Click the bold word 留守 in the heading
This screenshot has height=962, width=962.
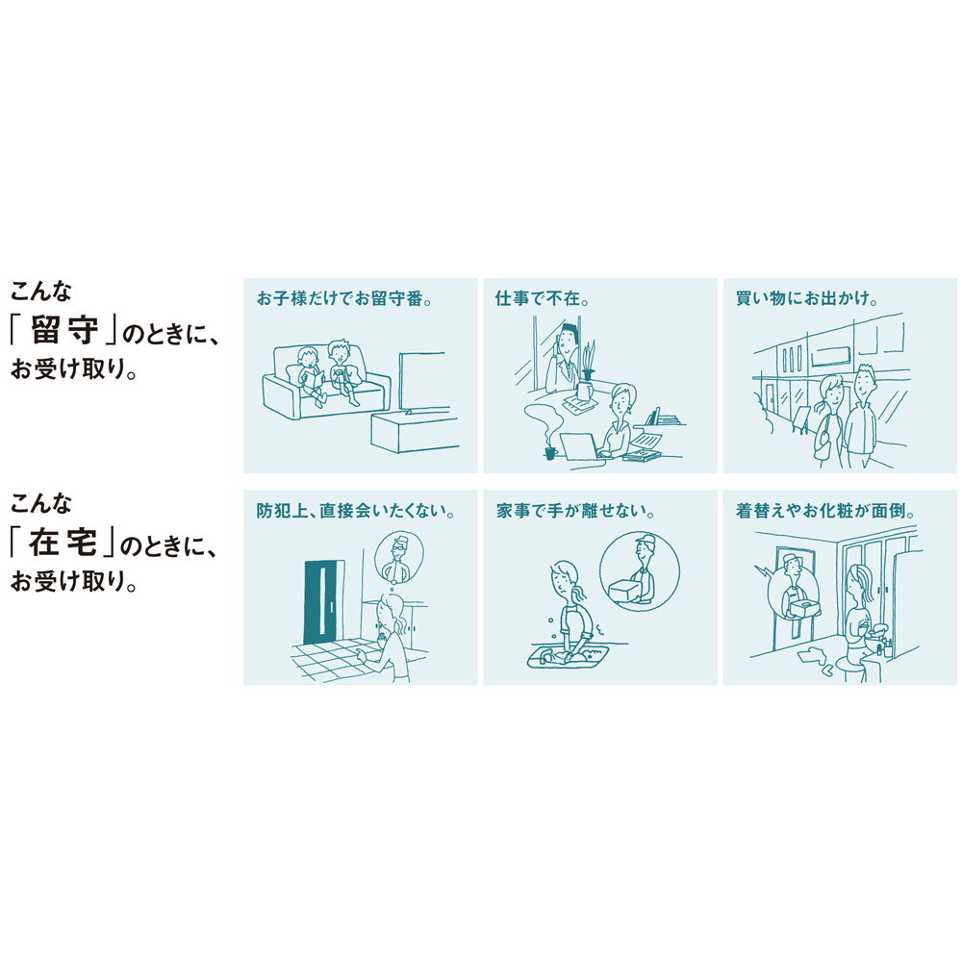pos(63,332)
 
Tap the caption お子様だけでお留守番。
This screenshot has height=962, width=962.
pos(344,299)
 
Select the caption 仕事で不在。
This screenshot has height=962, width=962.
pos(542,299)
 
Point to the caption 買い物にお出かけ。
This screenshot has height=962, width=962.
pos(807,299)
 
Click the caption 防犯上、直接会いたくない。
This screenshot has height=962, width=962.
pos(356,511)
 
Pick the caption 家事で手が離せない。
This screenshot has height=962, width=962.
pos(575,511)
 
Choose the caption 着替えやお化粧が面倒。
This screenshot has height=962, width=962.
pos(825,511)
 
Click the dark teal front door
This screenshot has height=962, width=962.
pos(323,602)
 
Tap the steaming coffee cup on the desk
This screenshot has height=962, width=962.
pos(549,453)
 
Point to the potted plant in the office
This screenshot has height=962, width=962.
pos(588,364)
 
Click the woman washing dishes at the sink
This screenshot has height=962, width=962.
pos(570,611)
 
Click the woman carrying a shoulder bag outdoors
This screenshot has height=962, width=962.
pos(828,418)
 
